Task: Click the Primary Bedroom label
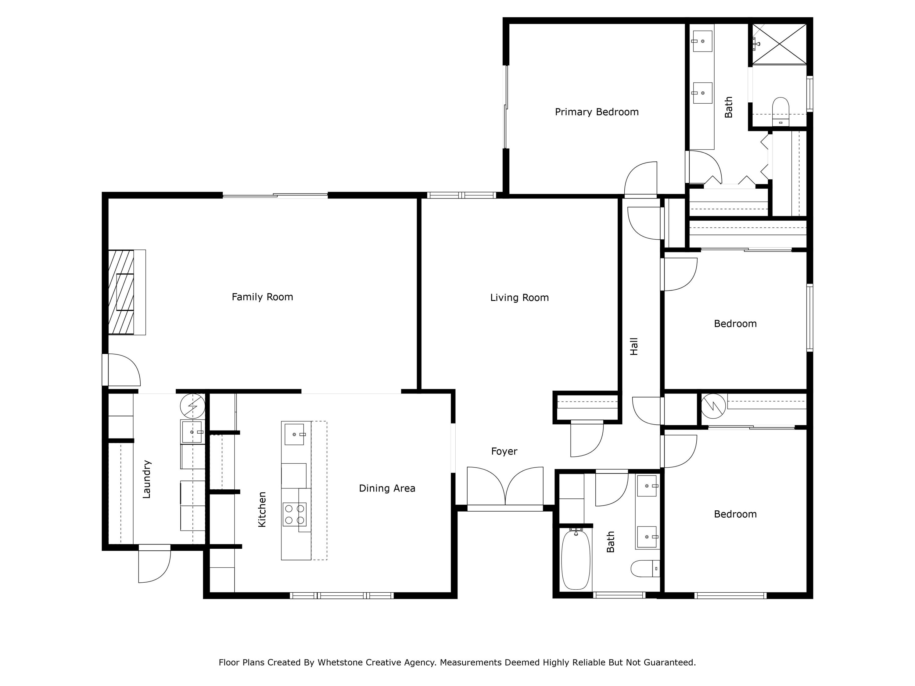(597, 112)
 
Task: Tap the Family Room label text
(262, 297)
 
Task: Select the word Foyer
(504, 451)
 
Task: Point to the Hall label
(634, 347)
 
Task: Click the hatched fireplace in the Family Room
(121, 292)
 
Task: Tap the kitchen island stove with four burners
(294, 514)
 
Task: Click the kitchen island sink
(294, 434)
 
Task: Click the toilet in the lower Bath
(642, 569)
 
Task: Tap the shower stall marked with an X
(779, 44)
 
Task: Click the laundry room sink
(192, 432)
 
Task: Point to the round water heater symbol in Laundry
(192, 406)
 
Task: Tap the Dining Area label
(387, 488)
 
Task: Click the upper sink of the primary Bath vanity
(702, 41)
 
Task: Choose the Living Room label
(519, 298)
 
